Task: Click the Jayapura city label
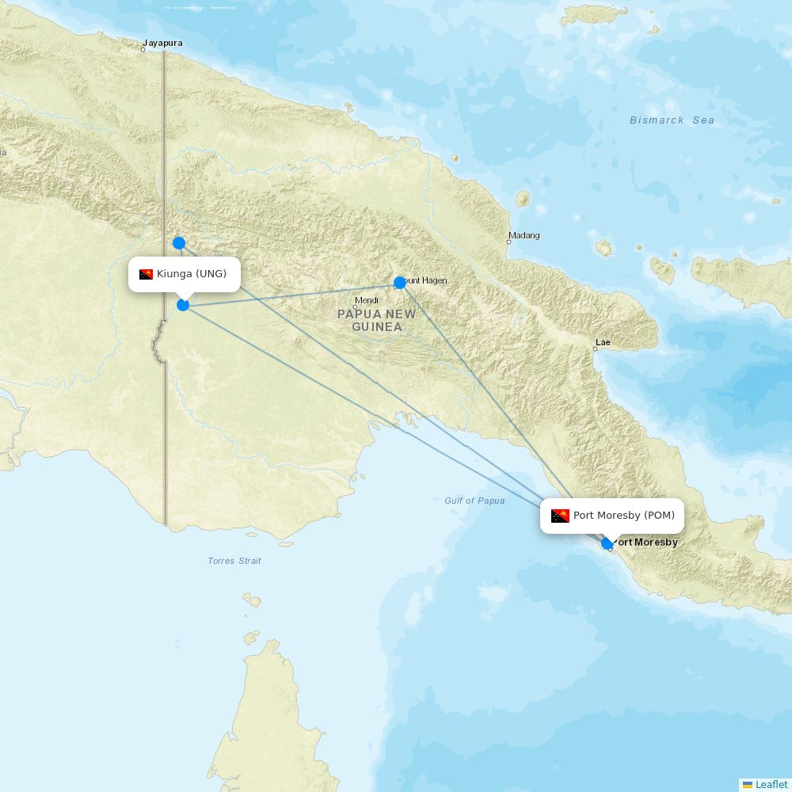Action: pos(162,44)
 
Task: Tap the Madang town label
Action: pos(524,235)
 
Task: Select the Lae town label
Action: pos(603,342)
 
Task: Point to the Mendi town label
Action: pos(367,300)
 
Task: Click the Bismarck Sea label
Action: pos(672,120)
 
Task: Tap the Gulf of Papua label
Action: pos(474,501)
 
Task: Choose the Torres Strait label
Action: pos(234,561)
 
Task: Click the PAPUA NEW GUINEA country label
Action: pos(376,320)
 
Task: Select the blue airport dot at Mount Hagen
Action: pos(400,282)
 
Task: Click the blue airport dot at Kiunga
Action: pos(183,304)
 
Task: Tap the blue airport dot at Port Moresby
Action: pos(607,543)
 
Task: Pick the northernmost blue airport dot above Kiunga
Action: pos(179,243)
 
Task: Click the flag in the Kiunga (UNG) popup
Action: pos(146,274)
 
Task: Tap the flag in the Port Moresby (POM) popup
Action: pos(561,516)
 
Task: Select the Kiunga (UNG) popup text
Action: pos(192,274)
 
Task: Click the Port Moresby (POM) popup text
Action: pos(624,516)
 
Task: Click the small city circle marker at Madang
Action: pos(508,242)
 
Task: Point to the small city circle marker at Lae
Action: pos(596,349)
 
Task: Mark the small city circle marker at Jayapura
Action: pos(143,50)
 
